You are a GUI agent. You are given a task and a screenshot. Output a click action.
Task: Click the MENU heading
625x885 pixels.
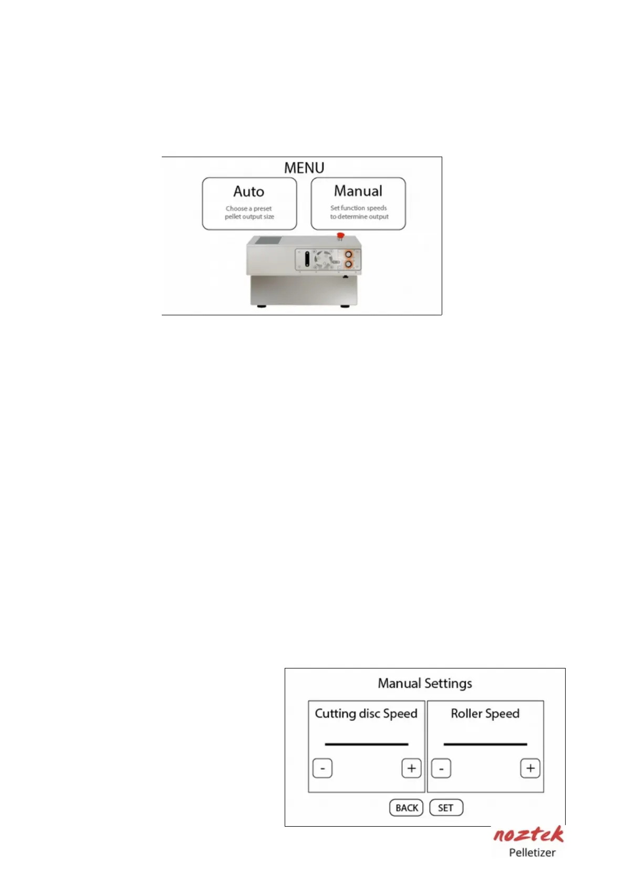pos(304,168)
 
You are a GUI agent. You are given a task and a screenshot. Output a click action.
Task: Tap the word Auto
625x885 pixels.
pos(249,191)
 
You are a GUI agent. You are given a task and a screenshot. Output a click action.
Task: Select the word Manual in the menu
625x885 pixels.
pos(358,191)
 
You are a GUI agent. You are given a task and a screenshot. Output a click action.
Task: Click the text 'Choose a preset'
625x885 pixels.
pos(249,209)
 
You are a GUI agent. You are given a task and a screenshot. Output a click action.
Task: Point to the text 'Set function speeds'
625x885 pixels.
pos(359,208)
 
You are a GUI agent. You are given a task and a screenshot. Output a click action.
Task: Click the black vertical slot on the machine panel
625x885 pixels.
pos(307,260)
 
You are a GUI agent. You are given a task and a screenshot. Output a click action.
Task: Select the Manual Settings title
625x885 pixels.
pos(425,683)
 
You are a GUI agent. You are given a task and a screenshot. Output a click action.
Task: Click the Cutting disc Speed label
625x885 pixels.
pos(366,714)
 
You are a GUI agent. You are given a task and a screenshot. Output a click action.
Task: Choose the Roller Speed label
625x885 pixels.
pos(485,714)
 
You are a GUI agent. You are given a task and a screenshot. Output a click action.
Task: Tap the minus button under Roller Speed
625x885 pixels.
pos(441,769)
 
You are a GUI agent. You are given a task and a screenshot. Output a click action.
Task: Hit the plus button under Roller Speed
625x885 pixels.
pos(530,769)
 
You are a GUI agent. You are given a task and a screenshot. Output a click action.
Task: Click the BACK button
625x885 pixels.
pos(407,808)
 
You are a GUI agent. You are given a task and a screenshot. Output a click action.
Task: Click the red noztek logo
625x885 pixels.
pos(528,835)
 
